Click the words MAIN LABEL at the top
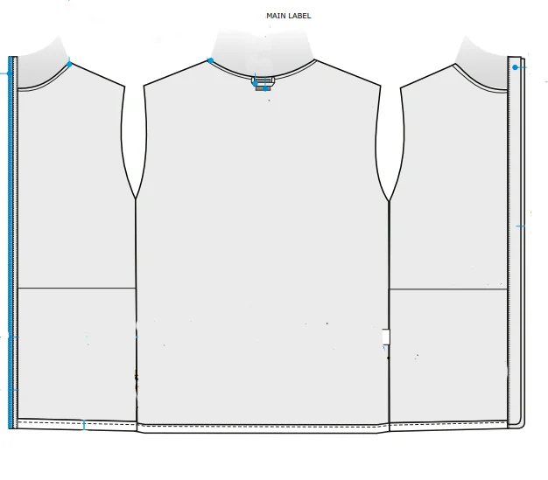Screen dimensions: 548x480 [288, 16]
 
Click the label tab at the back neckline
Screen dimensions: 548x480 [263, 83]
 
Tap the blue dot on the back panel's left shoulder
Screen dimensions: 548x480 [211, 60]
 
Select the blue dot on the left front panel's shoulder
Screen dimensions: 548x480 [70, 64]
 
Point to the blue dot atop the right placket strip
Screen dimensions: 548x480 [516, 67]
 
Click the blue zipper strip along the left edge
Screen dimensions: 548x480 [11, 245]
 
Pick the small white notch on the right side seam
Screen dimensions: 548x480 [385, 337]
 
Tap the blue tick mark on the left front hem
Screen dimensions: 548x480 [83, 426]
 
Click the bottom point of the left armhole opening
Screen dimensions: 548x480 [136, 200]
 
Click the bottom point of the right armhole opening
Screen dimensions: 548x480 [389, 200]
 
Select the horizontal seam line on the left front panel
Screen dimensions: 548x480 [77, 288]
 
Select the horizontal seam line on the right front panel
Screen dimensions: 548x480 [448, 289]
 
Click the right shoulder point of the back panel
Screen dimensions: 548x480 [380, 86]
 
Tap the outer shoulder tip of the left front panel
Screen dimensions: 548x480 [124, 86]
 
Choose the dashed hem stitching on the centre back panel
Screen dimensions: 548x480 [263, 428]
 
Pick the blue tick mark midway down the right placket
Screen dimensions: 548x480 [521, 226]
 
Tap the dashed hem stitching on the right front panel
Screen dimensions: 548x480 [448, 425]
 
